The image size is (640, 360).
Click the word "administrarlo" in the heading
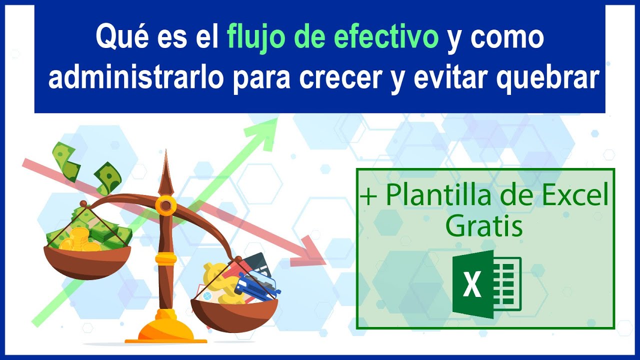coord(135,78)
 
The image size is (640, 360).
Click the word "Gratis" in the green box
coord(484,226)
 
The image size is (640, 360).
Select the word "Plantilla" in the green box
coord(434,196)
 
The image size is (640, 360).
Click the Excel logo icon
coord(486,284)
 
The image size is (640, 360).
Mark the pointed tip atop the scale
coord(165,155)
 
